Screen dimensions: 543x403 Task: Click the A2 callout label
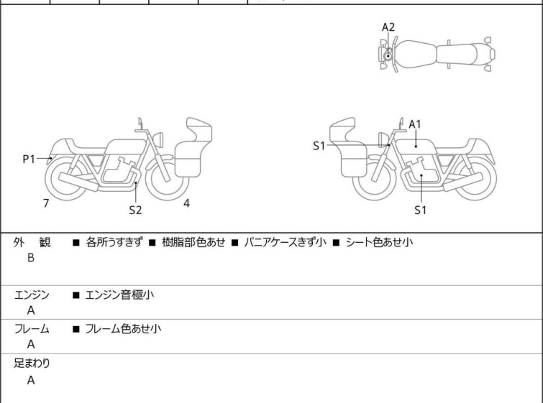coord(388,27)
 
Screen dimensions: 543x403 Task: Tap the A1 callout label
coord(415,124)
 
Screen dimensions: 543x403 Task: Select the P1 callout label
coord(29,159)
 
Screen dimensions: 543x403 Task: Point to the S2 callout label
coord(135,210)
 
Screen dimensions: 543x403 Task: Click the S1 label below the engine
coord(421,210)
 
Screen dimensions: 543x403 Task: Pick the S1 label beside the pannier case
coord(319,146)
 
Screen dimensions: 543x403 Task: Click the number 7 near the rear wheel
coord(46,203)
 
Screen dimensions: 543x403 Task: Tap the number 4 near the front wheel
coord(187,203)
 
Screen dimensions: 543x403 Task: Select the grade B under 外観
coord(31,258)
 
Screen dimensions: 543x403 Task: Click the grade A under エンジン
coord(31,310)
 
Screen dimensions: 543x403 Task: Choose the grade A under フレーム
coord(31,345)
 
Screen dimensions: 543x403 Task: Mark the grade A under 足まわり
coord(31,381)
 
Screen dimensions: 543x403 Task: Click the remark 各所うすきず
coord(114,242)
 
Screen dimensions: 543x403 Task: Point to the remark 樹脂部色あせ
coord(193,242)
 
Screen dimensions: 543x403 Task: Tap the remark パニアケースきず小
coord(285,242)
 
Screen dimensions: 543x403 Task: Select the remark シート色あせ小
coord(379,242)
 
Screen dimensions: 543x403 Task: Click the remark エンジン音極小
coord(119,295)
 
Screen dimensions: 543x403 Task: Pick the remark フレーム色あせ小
coord(123,328)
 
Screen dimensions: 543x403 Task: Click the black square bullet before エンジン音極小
coord(76,295)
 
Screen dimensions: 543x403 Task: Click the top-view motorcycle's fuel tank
coord(415,54)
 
